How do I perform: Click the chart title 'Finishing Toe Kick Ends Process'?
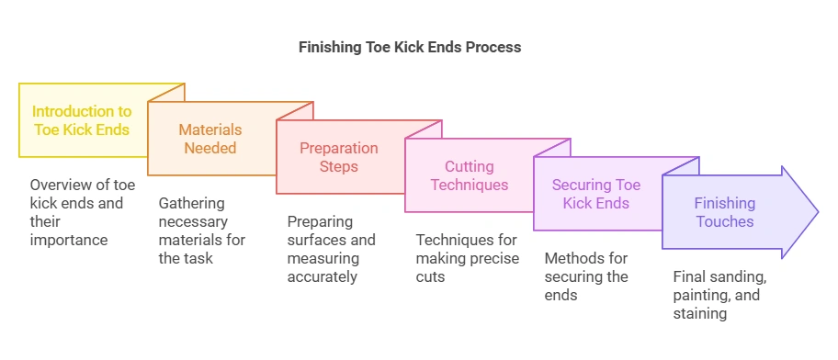pos(410,47)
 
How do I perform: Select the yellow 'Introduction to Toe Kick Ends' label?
pos(82,120)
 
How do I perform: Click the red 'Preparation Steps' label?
pos(339,157)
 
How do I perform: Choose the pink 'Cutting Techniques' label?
pos(470,175)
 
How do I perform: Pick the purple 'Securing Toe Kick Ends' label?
pos(595,194)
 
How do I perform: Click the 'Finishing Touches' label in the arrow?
pos(724,212)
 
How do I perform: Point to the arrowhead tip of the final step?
pos(816,211)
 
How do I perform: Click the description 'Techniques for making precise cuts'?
pos(467,258)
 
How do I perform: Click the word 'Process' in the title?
pos(495,47)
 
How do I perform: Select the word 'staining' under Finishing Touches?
pos(700,313)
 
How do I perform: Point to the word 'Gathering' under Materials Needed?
pos(190,203)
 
